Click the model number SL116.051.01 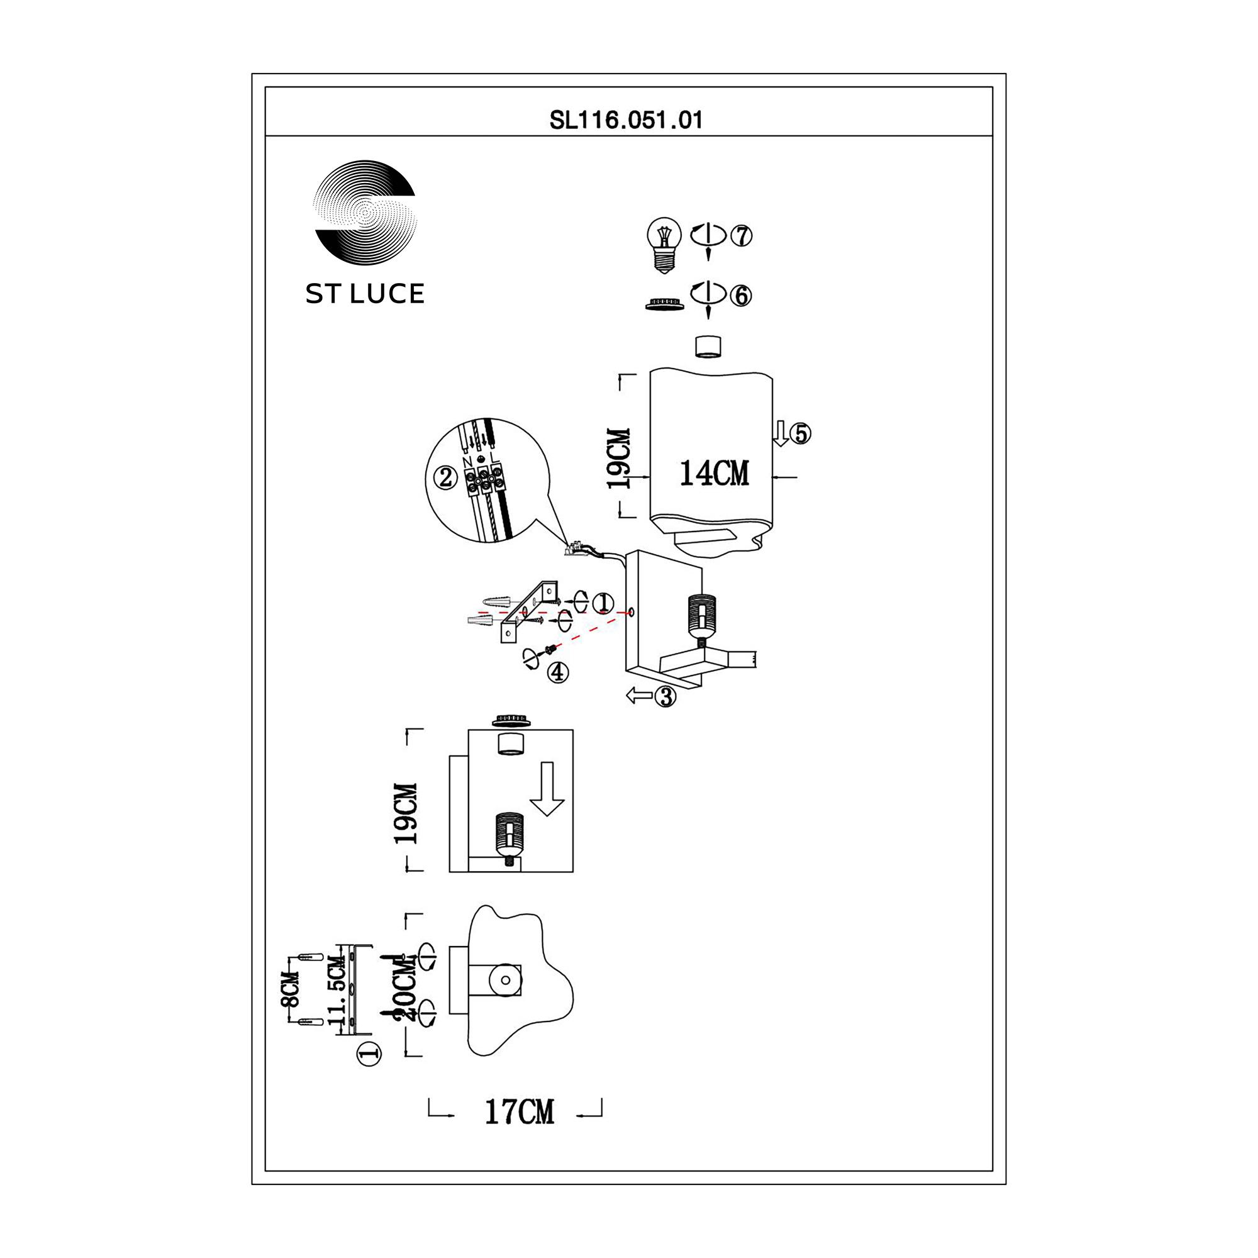626,121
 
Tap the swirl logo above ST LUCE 365,214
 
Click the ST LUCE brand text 365,294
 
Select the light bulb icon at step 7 664,245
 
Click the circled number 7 741,235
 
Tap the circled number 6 740,296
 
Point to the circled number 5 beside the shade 801,433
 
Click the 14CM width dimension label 714,474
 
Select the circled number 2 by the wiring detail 445,479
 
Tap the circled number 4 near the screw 557,672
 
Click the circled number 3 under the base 665,697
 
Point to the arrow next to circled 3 639,696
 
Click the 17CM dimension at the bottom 519,1112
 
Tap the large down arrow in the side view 547,789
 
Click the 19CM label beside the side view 406,814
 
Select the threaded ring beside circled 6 664,303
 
